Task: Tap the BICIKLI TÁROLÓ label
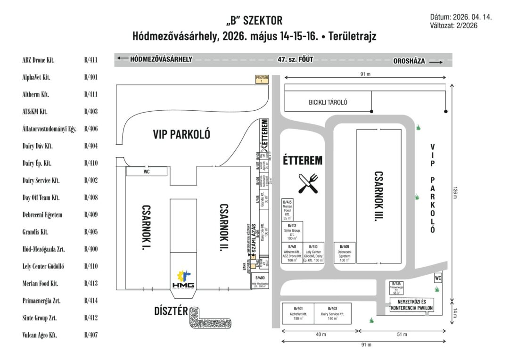pos(328,102)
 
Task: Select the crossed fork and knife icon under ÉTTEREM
pos(308,183)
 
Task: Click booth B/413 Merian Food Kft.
pos(288,210)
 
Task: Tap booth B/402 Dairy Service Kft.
pos(333,313)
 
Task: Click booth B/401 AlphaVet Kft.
pos(298,313)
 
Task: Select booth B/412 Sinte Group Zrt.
pos(292,232)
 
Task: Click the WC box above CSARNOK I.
pos(147,172)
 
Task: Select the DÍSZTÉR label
pos(171,311)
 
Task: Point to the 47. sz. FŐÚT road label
pos(295,59)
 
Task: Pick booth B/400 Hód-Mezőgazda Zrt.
pos(258,280)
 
